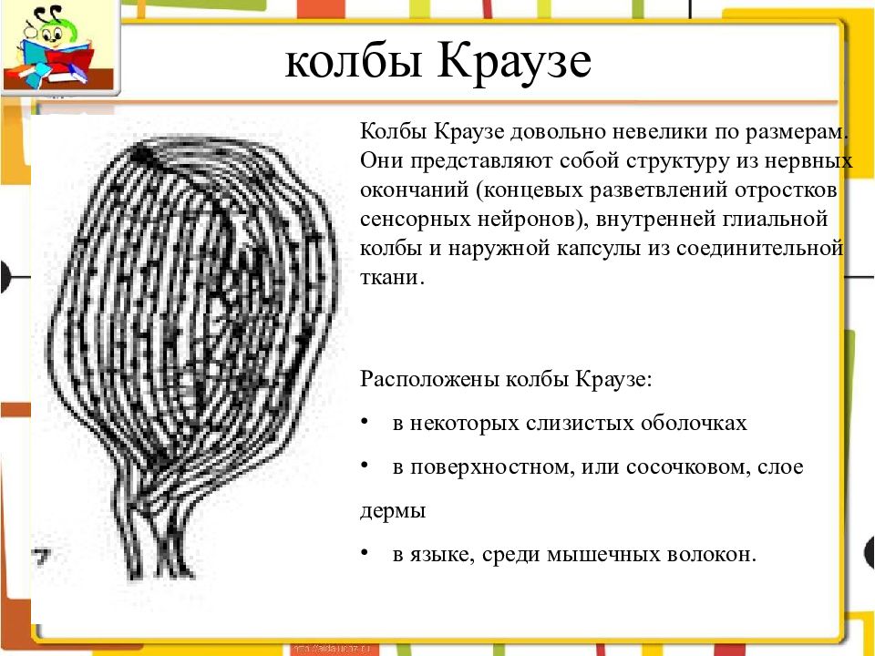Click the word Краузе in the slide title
point(514,61)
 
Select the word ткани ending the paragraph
point(392,277)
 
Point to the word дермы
point(393,511)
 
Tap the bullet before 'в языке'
point(365,553)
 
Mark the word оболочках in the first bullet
point(694,423)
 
